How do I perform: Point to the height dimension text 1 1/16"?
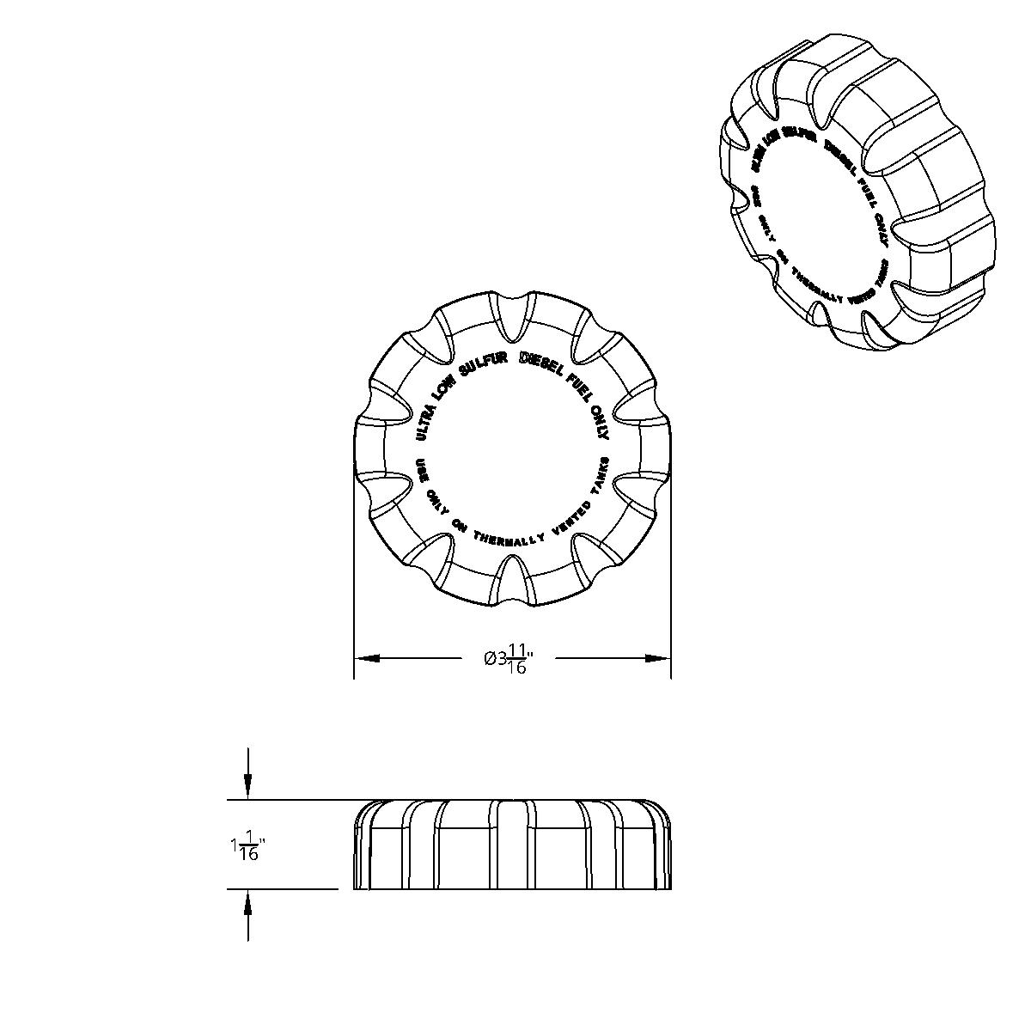click(x=247, y=846)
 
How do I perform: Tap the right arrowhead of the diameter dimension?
click(x=658, y=659)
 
